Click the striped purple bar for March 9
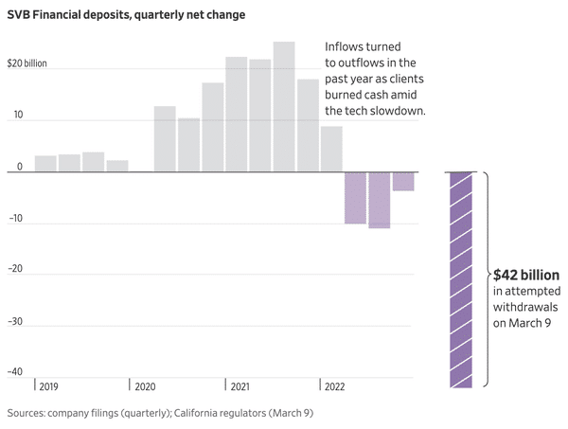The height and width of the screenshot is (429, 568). [461, 279]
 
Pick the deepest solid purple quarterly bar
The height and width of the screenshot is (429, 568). [380, 200]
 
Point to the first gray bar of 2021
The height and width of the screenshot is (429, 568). [237, 115]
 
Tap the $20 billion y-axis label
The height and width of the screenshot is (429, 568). [27, 65]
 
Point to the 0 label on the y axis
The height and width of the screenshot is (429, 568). [19, 167]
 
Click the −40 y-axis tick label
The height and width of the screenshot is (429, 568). [14, 371]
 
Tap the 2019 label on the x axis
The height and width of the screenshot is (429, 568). [50, 386]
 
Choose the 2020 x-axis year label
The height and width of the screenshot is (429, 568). [146, 386]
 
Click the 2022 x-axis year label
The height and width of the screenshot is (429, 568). [335, 386]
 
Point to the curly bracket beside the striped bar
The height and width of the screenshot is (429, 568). [485, 279]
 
